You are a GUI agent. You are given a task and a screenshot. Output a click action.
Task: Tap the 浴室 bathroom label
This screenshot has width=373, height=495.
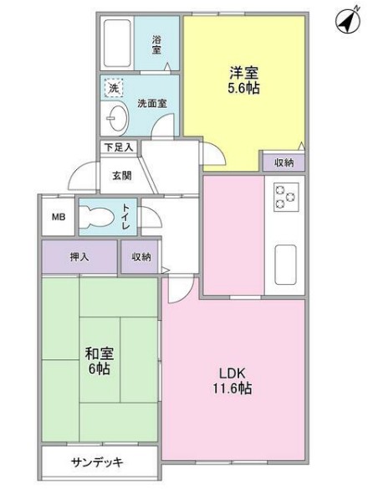click(x=156, y=44)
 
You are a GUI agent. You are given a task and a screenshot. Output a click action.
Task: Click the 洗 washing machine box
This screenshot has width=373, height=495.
click(x=112, y=86)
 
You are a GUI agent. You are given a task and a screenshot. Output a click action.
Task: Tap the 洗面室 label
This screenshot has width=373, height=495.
click(x=151, y=103)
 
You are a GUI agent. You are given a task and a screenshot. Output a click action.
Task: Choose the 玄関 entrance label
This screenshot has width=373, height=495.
click(x=120, y=176)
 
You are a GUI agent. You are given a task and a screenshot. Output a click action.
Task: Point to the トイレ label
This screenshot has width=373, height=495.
click(x=126, y=215)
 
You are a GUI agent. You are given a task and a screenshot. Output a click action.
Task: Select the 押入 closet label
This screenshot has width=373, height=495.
click(x=80, y=258)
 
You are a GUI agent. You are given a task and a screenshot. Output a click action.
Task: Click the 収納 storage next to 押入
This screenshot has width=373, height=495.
click(x=140, y=258)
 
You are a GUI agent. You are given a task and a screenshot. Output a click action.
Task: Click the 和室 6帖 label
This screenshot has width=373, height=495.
click(x=99, y=361)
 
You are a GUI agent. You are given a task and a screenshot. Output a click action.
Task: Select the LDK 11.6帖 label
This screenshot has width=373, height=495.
click(x=232, y=380)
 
